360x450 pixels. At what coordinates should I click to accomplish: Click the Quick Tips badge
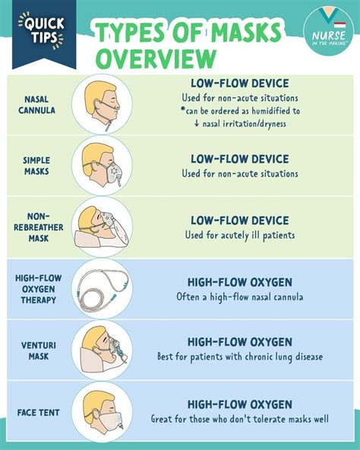coord(44,34)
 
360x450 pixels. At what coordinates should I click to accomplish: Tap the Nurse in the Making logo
coord(328,30)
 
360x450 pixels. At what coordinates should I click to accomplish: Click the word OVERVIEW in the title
coord(156,59)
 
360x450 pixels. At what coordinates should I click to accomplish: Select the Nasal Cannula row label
coord(36,105)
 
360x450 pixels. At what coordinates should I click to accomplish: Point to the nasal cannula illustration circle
coord(102,104)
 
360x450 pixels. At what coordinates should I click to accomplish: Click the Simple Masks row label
coord(36,166)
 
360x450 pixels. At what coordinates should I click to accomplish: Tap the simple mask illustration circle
coord(102,166)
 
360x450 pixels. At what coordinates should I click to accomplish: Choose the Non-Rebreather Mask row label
coord(39,227)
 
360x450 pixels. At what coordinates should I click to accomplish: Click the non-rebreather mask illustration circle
coord(102,227)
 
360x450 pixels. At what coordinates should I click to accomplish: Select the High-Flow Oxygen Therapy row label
coord(39,289)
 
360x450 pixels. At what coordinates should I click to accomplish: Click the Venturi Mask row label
coord(39,350)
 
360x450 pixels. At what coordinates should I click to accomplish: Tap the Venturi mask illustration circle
coord(102,350)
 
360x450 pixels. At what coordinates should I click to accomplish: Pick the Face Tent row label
coord(39,413)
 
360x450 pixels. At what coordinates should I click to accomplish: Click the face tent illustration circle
coord(102,412)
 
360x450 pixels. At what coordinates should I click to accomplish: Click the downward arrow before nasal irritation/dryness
coord(197,123)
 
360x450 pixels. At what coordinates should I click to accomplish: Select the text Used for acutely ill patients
coord(240,236)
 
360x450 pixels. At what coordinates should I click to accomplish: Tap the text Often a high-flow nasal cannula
coord(240,296)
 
